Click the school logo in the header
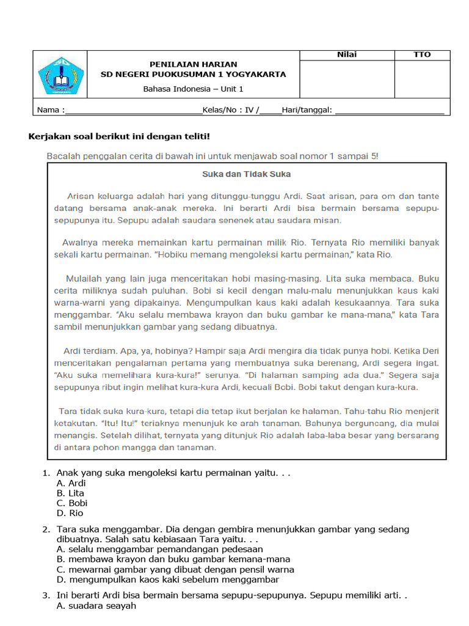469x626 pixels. click(x=59, y=75)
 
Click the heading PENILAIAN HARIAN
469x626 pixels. click(x=194, y=64)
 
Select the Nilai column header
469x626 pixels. click(x=347, y=54)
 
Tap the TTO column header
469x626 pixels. click(x=422, y=54)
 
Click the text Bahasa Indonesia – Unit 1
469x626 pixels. click(x=193, y=89)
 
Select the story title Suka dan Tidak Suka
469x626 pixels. click(x=246, y=174)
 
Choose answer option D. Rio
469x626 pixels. click(x=70, y=513)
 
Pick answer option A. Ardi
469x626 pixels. click(x=71, y=483)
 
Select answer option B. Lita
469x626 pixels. click(x=70, y=493)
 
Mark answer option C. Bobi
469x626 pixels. click(x=71, y=503)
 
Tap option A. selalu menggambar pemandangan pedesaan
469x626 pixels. click(x=159, y=549)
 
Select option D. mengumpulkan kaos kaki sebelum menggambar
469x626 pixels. click(x=167, y=579)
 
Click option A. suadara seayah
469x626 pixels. click(x=96, y=606)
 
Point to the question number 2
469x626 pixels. click(x=46, y=529)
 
